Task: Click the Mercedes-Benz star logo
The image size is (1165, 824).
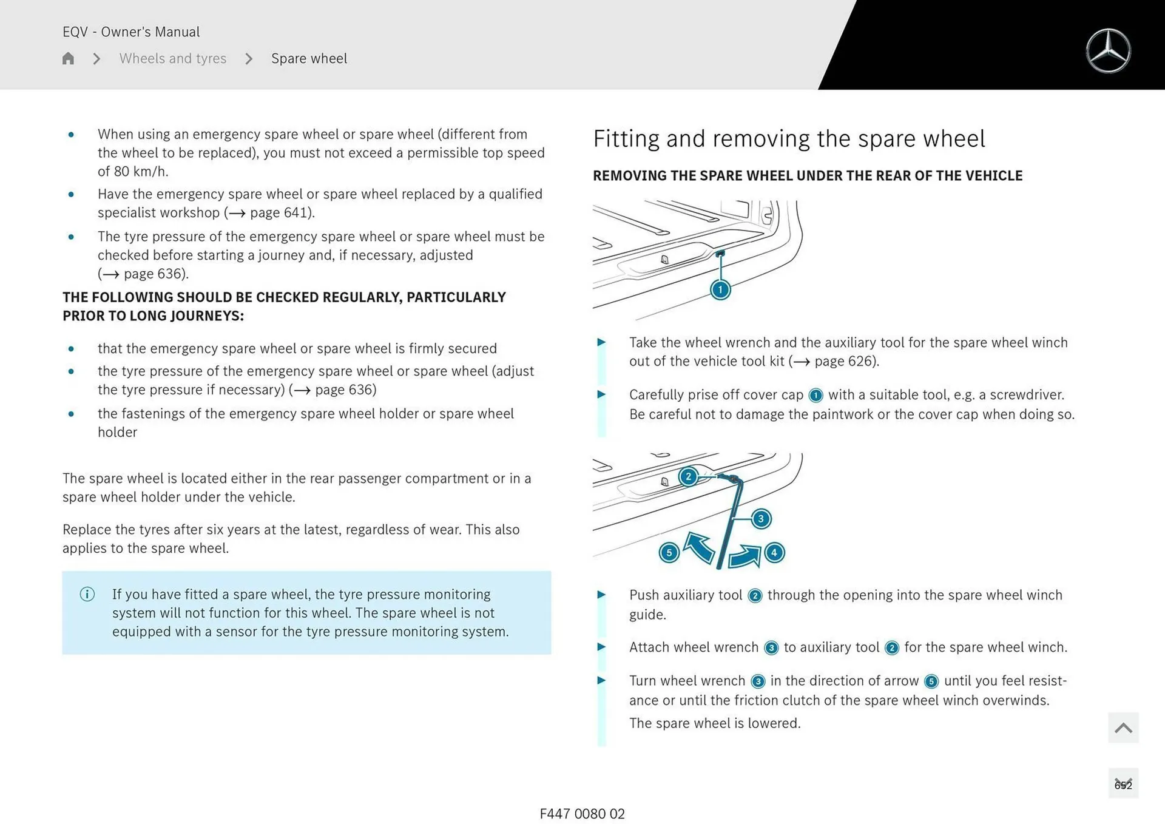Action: pos(1108,51)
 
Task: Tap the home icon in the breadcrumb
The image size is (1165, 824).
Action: pos(68,58)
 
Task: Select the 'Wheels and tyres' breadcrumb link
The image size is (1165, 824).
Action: pos(172,58)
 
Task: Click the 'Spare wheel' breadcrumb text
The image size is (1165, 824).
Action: pos(309,58)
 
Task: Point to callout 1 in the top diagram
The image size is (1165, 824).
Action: pos(720,289)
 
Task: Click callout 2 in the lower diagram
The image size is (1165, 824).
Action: pos(688,476)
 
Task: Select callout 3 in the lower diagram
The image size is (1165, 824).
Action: pos(761,519)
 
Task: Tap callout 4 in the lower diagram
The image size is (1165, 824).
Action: pos(774,553)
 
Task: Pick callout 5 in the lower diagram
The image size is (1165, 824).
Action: pos(669,553)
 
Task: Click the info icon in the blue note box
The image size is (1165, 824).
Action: pos(87,594)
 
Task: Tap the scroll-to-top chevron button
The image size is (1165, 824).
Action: pos(1123,728)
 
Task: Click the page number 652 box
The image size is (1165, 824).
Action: pos(1123,785)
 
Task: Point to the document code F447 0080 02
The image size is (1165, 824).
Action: pos(582,814)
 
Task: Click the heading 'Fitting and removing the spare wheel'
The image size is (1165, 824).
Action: pos(789,139)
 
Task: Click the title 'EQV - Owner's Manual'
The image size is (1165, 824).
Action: pos(131,32)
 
